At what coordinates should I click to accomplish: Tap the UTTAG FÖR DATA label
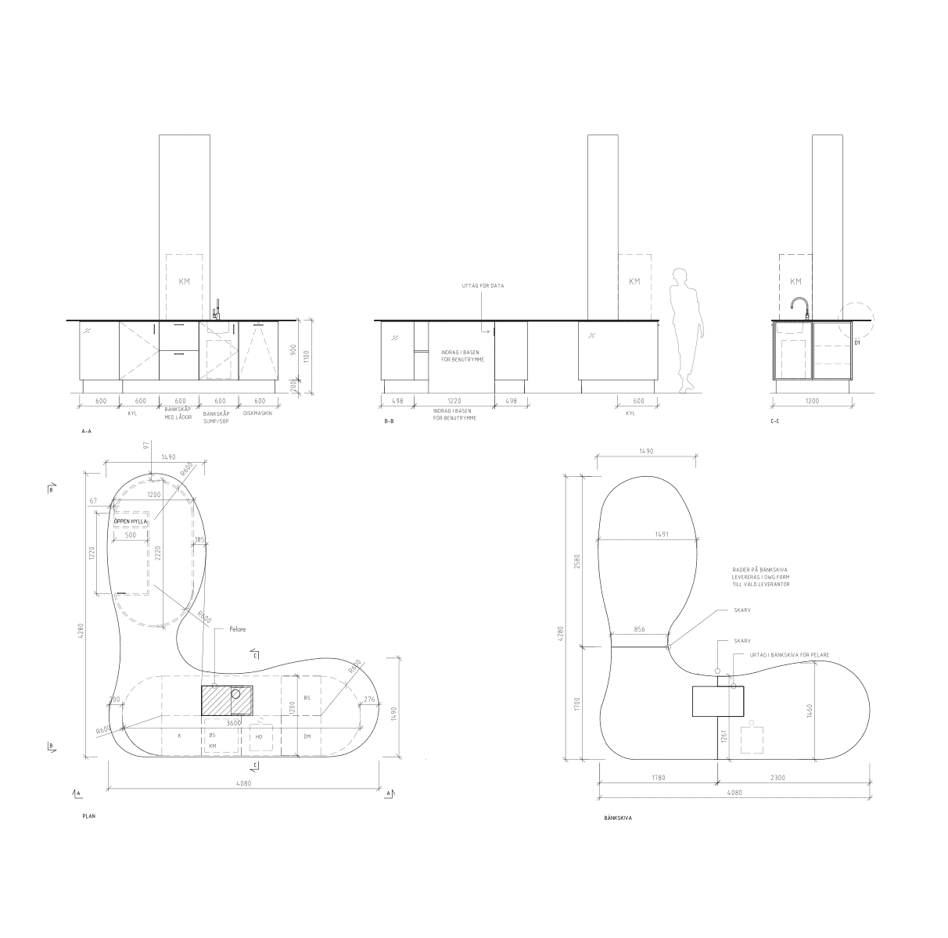click(483, 286)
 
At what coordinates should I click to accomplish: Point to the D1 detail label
click(857, 343)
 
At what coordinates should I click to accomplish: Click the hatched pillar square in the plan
click(216, 700)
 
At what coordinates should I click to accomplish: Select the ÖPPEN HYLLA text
click(130, 521)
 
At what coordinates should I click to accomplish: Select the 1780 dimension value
click(657, 778)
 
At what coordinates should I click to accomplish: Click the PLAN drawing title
click(88, 815)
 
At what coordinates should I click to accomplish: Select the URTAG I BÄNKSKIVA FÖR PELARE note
click(788, 654)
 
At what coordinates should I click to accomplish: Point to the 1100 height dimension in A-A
click(307, 356)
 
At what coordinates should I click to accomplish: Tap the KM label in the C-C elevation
click(795, 281)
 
